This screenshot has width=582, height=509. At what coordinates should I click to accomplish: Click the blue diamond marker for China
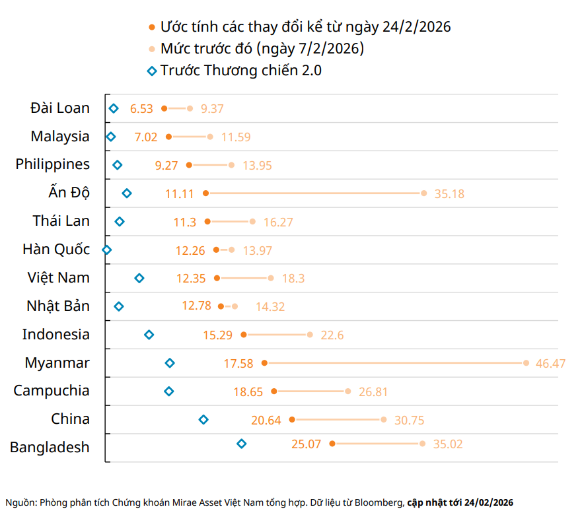(x=203, y=419)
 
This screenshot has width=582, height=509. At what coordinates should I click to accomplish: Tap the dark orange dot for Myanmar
(x=264, y=363)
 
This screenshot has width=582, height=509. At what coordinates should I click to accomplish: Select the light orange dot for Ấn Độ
(x=423, y=193)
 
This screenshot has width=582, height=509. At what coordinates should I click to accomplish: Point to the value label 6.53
(x=141, y=108)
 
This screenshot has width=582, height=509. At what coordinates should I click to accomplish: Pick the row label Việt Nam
(x=59, y=278)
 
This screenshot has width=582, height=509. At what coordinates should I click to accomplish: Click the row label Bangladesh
(x=50, y=448)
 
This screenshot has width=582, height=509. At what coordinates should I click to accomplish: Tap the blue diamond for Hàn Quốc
(x=106, y=250)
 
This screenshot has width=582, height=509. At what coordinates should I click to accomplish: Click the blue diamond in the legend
(x=152, y=71)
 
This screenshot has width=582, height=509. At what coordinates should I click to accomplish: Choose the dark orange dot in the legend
(x=153, y=27)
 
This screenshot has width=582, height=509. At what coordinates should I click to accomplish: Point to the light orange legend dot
(x=153, y=49)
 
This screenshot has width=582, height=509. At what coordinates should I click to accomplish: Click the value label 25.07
(x=306, y=444)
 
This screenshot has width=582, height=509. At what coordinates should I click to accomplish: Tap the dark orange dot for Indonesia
(x=244, y=335)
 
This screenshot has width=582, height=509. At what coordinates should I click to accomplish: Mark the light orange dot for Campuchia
(x=348, y=391)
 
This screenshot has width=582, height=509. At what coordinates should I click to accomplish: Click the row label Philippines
(x=53, y=164)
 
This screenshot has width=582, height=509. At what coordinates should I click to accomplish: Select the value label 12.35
(x=191, y=279)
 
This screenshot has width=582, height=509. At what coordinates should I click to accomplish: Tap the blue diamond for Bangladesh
(x=242, y=444)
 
